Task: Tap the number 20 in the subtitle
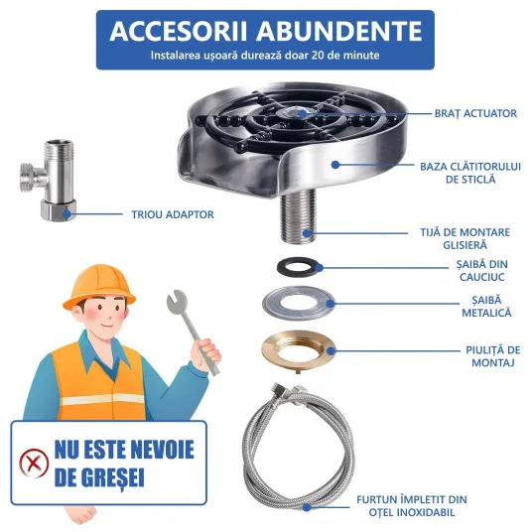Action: [318, 55]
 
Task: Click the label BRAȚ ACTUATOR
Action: [475, 113]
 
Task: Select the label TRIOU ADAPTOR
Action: [173, 214]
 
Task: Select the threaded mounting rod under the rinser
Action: [298, 215]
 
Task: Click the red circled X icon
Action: [34, 463]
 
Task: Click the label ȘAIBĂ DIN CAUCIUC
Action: [481, 270]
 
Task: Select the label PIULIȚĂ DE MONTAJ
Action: [493, 356]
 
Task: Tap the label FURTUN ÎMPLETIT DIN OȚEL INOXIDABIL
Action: [412, 505]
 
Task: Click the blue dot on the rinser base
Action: [335, 165]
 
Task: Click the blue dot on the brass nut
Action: [331, 350]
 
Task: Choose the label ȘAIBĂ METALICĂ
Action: [486, 306]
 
